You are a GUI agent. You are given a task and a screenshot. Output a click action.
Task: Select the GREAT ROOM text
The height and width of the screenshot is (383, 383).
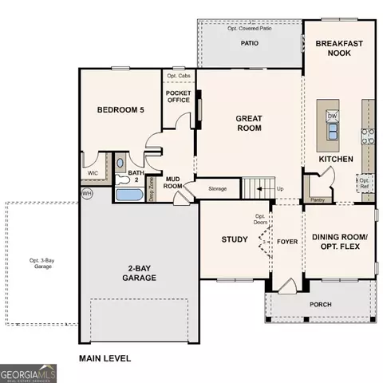[x=249, y=123]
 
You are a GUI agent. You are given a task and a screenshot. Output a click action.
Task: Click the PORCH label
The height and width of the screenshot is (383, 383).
[x=321, y=304]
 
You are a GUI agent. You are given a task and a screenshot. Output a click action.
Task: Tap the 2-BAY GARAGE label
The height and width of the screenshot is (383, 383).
[x=139, y=273]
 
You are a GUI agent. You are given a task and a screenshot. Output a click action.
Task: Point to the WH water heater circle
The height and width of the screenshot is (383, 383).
[x=86, y=193]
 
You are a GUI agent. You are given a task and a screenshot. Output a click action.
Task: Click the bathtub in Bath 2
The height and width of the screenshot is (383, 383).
[x=127, y=194]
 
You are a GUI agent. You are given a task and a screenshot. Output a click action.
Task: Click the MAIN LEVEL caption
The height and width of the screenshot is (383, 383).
[x=104, y=359]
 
